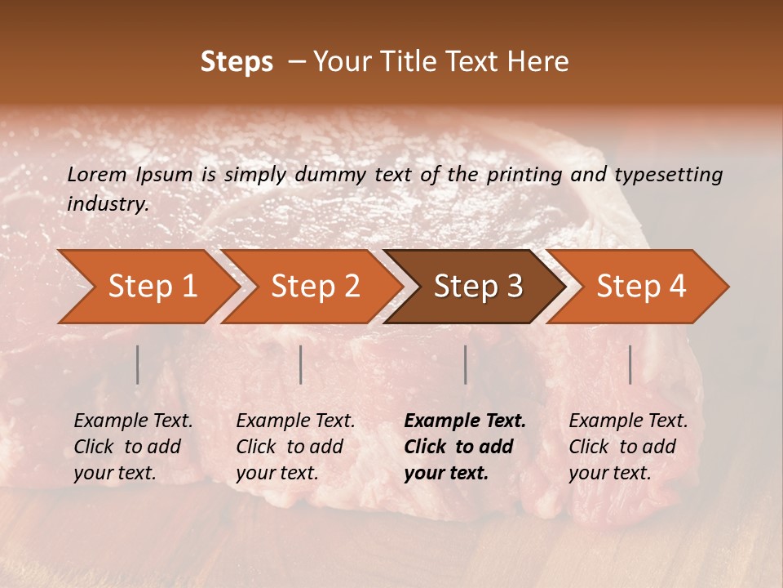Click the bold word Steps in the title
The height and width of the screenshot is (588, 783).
237,61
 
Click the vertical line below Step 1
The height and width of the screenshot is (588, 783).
137,364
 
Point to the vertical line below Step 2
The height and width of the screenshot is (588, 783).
301,364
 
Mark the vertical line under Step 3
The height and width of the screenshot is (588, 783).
465,364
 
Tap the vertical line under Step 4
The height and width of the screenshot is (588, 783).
630,364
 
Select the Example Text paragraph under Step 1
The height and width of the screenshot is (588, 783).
134,446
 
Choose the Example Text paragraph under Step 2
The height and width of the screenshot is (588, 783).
296,446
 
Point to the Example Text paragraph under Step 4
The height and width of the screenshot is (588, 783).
628,446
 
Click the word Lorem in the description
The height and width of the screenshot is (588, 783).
97,174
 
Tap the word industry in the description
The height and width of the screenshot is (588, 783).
108,204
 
